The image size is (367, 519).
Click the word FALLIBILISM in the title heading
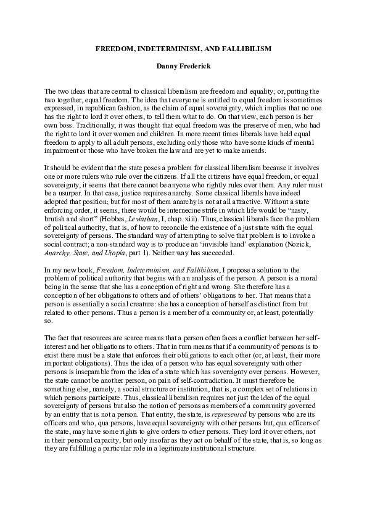pos(242,47)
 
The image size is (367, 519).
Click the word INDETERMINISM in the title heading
pos(167,47)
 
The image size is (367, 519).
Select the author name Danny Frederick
pos(183,63)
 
